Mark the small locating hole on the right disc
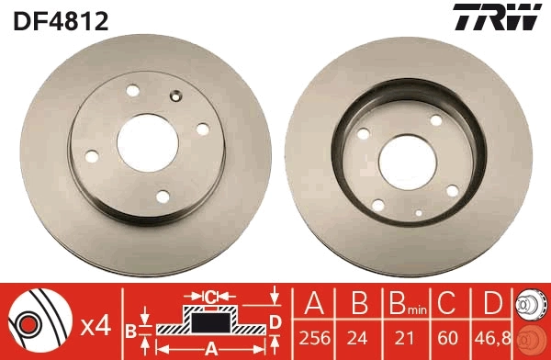click(419, 213)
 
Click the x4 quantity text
click(96, 324)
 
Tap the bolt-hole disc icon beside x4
click(37, 323)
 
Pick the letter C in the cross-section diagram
click(210, 297)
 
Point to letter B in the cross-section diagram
click(131, 330)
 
